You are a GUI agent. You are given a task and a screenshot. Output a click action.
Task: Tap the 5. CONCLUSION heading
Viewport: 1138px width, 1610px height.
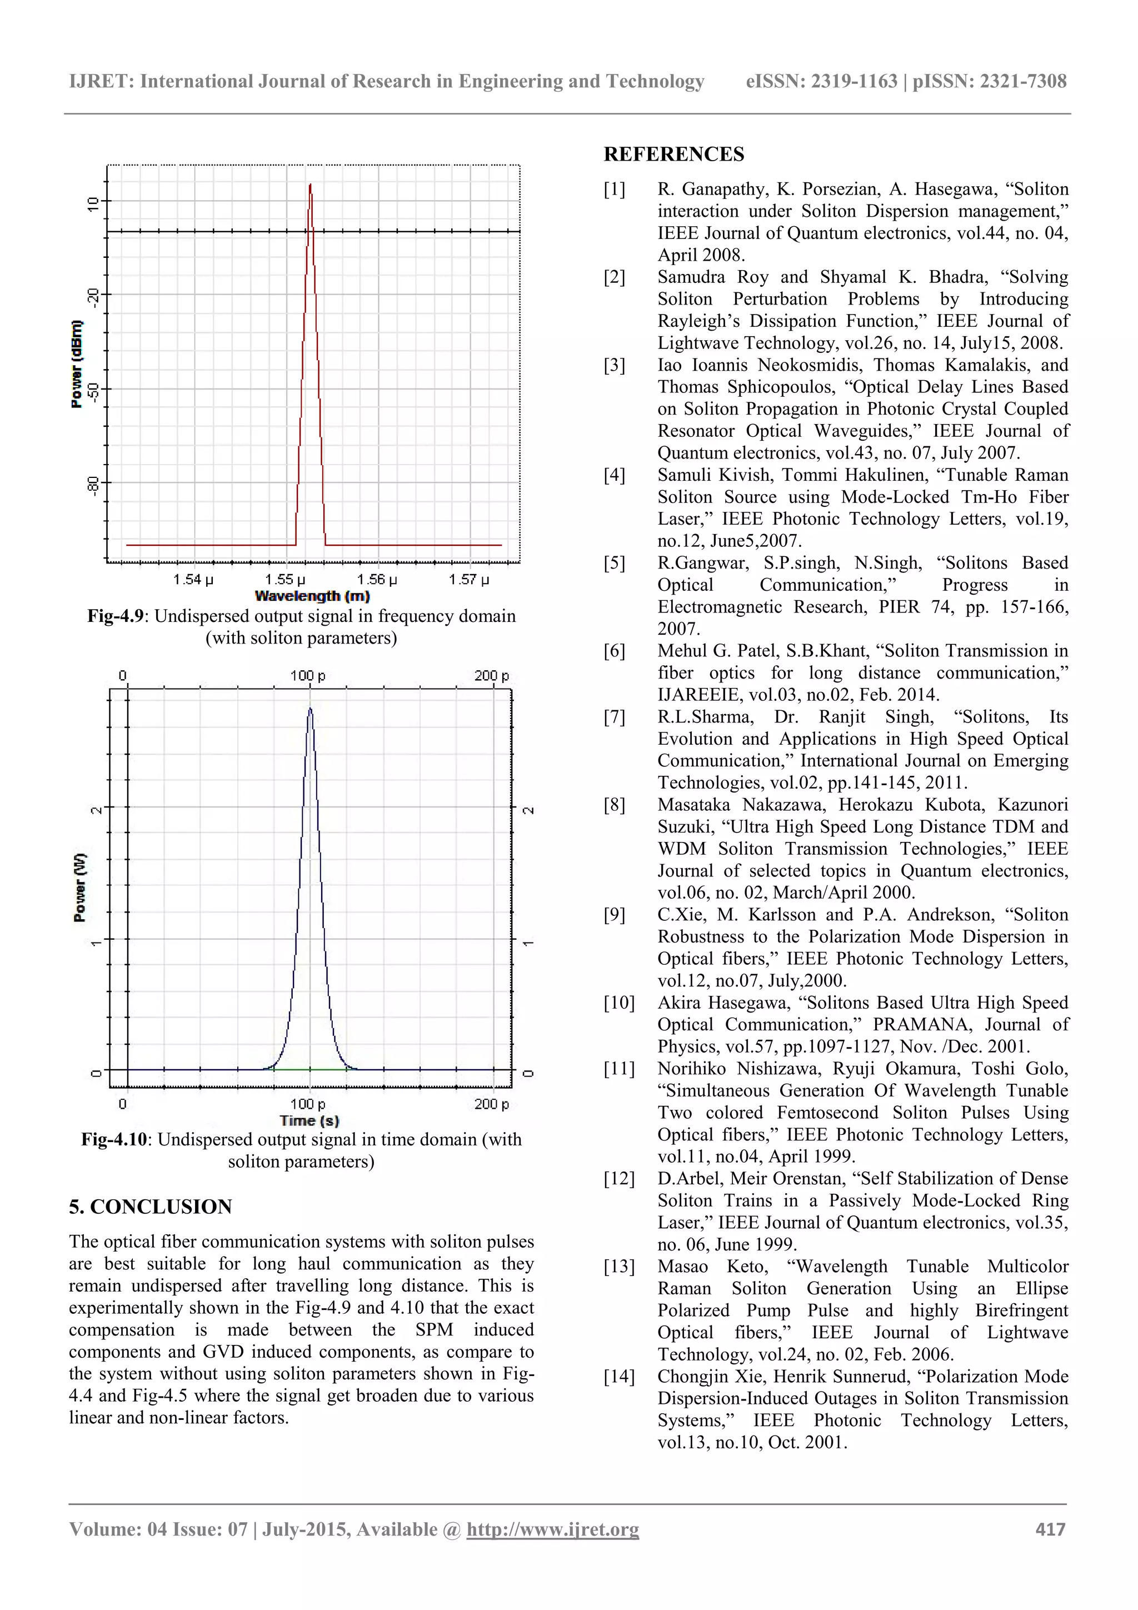[150, 1206]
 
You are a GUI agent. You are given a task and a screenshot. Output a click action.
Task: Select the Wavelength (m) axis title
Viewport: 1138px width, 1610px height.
[312, 596]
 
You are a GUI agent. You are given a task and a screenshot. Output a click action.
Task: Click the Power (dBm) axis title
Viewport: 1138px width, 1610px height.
[77, 363]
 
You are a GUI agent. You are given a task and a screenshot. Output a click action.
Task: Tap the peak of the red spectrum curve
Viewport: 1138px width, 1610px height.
[310, 185]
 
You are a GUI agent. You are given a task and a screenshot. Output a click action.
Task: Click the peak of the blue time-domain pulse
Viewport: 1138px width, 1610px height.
[310, 709]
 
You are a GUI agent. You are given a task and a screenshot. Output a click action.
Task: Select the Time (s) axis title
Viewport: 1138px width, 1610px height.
[308, 1120]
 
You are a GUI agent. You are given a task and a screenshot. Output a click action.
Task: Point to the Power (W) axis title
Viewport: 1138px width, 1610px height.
[79, 888]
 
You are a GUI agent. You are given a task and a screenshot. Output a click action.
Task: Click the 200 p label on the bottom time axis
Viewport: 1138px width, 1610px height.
[491, 1104]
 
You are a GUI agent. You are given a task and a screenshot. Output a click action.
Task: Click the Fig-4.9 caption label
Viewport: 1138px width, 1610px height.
[116, 616]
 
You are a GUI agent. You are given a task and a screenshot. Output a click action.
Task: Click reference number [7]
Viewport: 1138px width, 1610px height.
[614, 717]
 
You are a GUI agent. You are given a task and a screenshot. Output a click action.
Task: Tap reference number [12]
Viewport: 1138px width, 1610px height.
[618, 1179]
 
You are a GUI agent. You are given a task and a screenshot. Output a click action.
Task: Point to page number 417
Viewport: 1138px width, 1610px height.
[1050, 1529]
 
